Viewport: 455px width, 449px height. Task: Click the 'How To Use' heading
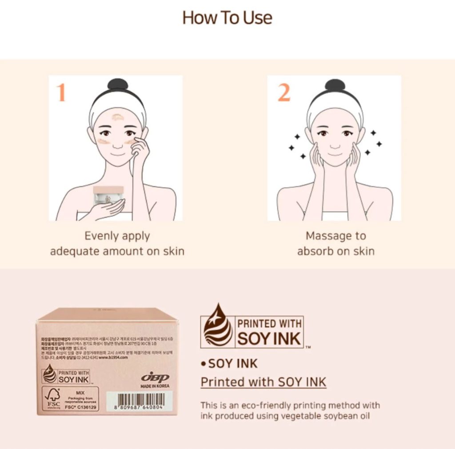click(227, 18)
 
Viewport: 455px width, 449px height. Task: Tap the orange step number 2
click(284, 92)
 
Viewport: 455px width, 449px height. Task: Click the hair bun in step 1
click(118, 84)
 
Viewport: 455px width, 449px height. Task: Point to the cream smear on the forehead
click(118, 117)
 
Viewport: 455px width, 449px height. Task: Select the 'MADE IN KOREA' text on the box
click(155, 386)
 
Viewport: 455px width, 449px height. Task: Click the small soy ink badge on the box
click(66, 376)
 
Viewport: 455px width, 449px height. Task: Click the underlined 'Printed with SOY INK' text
click(263, 382)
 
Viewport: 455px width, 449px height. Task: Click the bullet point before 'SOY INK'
click(204, 364)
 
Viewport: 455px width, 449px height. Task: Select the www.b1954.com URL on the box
click(113, 357)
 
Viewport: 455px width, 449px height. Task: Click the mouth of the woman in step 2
click(335, 154)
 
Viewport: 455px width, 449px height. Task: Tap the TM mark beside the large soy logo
click(308, 347)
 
